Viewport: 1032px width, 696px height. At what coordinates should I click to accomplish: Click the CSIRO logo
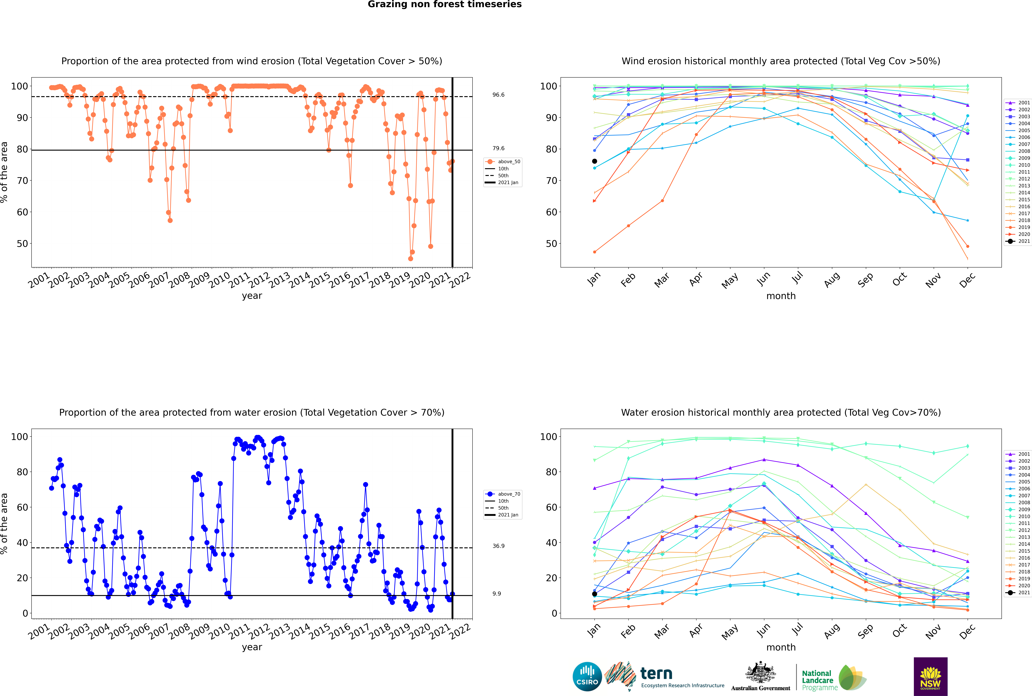(587, 677)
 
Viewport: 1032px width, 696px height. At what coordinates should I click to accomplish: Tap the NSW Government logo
(930, 676)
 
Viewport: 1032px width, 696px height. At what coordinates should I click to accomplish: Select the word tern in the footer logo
(656, 674)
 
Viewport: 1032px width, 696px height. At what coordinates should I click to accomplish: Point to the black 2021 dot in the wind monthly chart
(595, 161)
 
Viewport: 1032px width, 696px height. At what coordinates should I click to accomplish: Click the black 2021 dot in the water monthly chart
(595, 594)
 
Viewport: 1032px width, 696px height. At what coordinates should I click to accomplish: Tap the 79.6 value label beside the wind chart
(498, 148)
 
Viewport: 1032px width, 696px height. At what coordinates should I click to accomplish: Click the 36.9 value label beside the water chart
(498, 546)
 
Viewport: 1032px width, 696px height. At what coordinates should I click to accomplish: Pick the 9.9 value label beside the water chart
(496, 593)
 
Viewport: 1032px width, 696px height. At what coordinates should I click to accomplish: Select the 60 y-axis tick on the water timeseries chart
(22, 507)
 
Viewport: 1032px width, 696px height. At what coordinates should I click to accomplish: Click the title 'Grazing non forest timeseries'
(445, 4)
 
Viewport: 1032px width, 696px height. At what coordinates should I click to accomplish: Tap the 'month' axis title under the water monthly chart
(781, 647)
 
